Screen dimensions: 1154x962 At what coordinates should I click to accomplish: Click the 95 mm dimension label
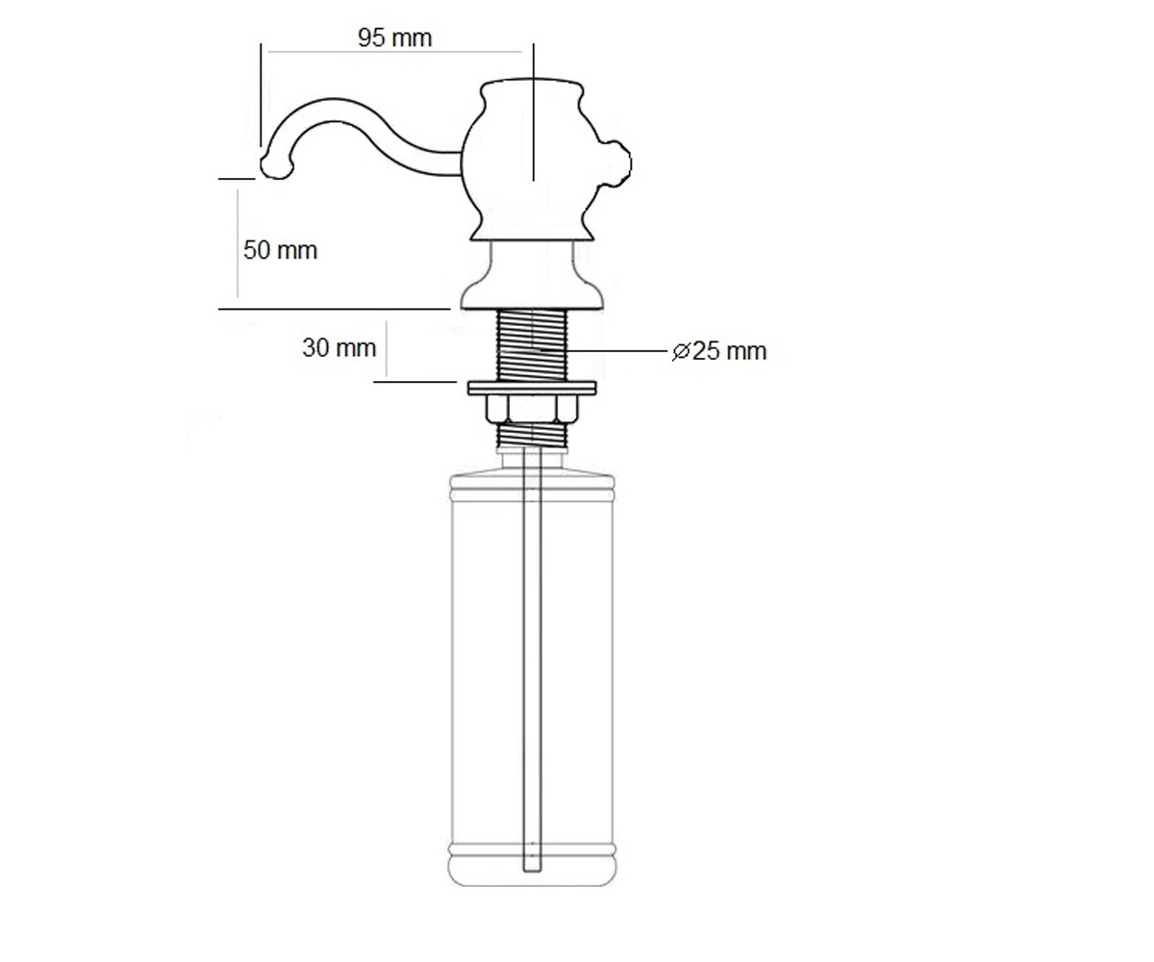(x=394, y=38)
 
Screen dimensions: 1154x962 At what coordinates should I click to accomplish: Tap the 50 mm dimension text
(x=280, y=250)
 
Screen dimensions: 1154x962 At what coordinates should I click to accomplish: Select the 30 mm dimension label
(x=339, y=347)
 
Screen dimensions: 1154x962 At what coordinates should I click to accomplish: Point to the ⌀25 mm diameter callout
(x=719, y=351)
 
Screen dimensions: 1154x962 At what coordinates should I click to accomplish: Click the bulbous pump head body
(x=531, y=161)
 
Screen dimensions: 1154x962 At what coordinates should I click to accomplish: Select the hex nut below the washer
(x=531, y=409)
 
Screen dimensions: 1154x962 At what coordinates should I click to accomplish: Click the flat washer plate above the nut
(x=532, y=388)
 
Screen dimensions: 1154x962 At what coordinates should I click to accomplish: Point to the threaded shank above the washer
(x=532, y=345)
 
